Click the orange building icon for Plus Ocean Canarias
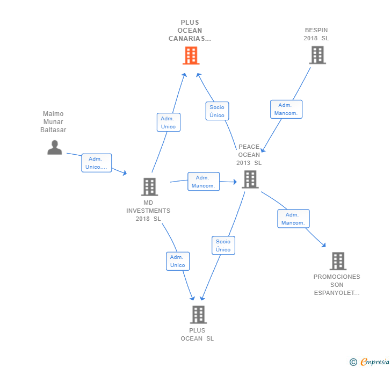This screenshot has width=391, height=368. (191, 55)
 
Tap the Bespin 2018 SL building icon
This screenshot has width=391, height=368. (317, 55)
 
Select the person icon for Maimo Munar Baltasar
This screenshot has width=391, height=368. (55, 147)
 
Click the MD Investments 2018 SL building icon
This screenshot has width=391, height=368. (149, 186)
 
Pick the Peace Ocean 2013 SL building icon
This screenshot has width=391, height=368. (250, 179)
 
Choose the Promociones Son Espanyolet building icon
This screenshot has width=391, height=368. (337, 261)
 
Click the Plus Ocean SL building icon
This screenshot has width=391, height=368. (198, 314)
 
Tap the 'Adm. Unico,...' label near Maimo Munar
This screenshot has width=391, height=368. (97, 163)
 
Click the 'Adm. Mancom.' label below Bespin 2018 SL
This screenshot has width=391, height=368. (286, 109)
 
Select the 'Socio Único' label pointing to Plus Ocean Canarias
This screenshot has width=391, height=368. (217, 111)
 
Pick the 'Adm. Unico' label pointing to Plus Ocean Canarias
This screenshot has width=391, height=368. (168, 122)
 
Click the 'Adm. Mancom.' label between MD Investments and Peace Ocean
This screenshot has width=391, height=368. (204, 182)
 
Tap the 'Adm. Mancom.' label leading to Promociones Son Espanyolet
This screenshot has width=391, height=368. (293, 219)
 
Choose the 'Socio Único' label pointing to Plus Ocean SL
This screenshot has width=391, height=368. (223, 246)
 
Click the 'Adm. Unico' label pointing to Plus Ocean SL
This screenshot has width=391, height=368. (177, 261)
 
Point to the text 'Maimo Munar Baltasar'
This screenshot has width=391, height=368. (53, 122)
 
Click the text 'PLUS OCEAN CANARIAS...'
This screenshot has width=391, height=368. (190, 31)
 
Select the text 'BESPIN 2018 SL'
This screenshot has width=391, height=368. (316, 34)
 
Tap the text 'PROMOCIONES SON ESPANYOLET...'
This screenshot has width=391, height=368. (337, 285)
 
